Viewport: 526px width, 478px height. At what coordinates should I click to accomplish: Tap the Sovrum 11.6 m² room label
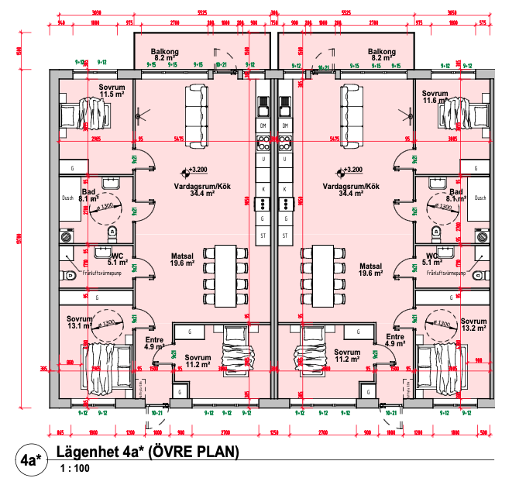coord(437,96)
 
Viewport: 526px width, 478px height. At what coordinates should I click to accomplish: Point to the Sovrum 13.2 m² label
coord(473,324)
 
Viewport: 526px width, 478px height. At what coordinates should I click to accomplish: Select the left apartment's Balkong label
coord(167,54)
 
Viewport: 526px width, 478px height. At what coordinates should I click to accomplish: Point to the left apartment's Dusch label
coord(67,198)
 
